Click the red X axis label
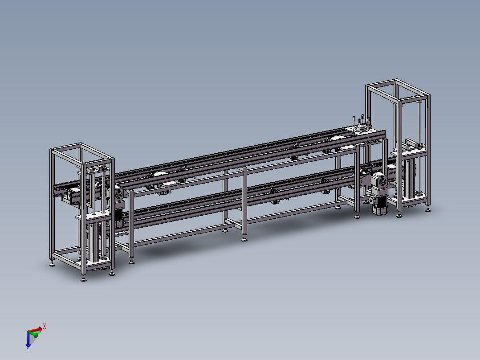click(x=45, y=326)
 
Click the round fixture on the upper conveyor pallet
click(x=361, y=128)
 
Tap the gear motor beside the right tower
click(x=380, y=187)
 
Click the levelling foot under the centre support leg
click(x=244, y=239)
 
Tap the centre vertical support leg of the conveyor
click(x=244, y=200)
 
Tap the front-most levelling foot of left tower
click(x=83, y=279)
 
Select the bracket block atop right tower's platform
click(x=413, y=144)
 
